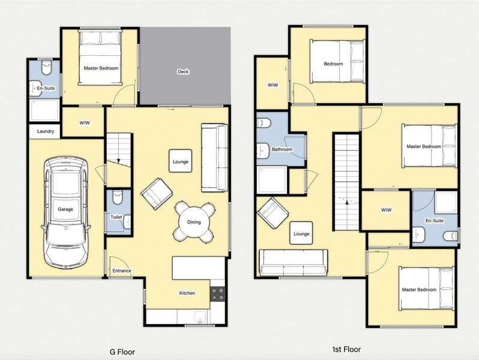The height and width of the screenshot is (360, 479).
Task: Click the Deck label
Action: [183, 71]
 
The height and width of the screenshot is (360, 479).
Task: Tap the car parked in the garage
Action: [65, 213]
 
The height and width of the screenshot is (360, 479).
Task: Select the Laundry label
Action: [46, 131]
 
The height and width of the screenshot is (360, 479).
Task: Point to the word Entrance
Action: [122, 271]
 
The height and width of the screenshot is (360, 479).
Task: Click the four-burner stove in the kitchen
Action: [218, 293]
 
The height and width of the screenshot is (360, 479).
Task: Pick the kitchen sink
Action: [200, 317]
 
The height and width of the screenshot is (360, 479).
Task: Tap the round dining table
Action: [194, 222]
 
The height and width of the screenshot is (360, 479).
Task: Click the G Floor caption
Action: [122, 352]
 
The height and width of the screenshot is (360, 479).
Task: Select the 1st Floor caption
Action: [346, 349]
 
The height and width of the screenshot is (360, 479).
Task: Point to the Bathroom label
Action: [282, 149]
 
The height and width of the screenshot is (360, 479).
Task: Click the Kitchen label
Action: [187, 293]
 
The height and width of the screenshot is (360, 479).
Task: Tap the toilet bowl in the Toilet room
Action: [117, 197]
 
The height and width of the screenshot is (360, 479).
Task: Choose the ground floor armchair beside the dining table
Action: [157, 194]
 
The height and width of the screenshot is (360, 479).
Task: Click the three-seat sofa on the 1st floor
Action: [293, 262]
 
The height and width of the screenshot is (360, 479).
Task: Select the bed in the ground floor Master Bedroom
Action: [100, 57]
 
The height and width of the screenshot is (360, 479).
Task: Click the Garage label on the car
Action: [65, 209]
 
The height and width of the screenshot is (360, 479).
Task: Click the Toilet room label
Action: [116, 217]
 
